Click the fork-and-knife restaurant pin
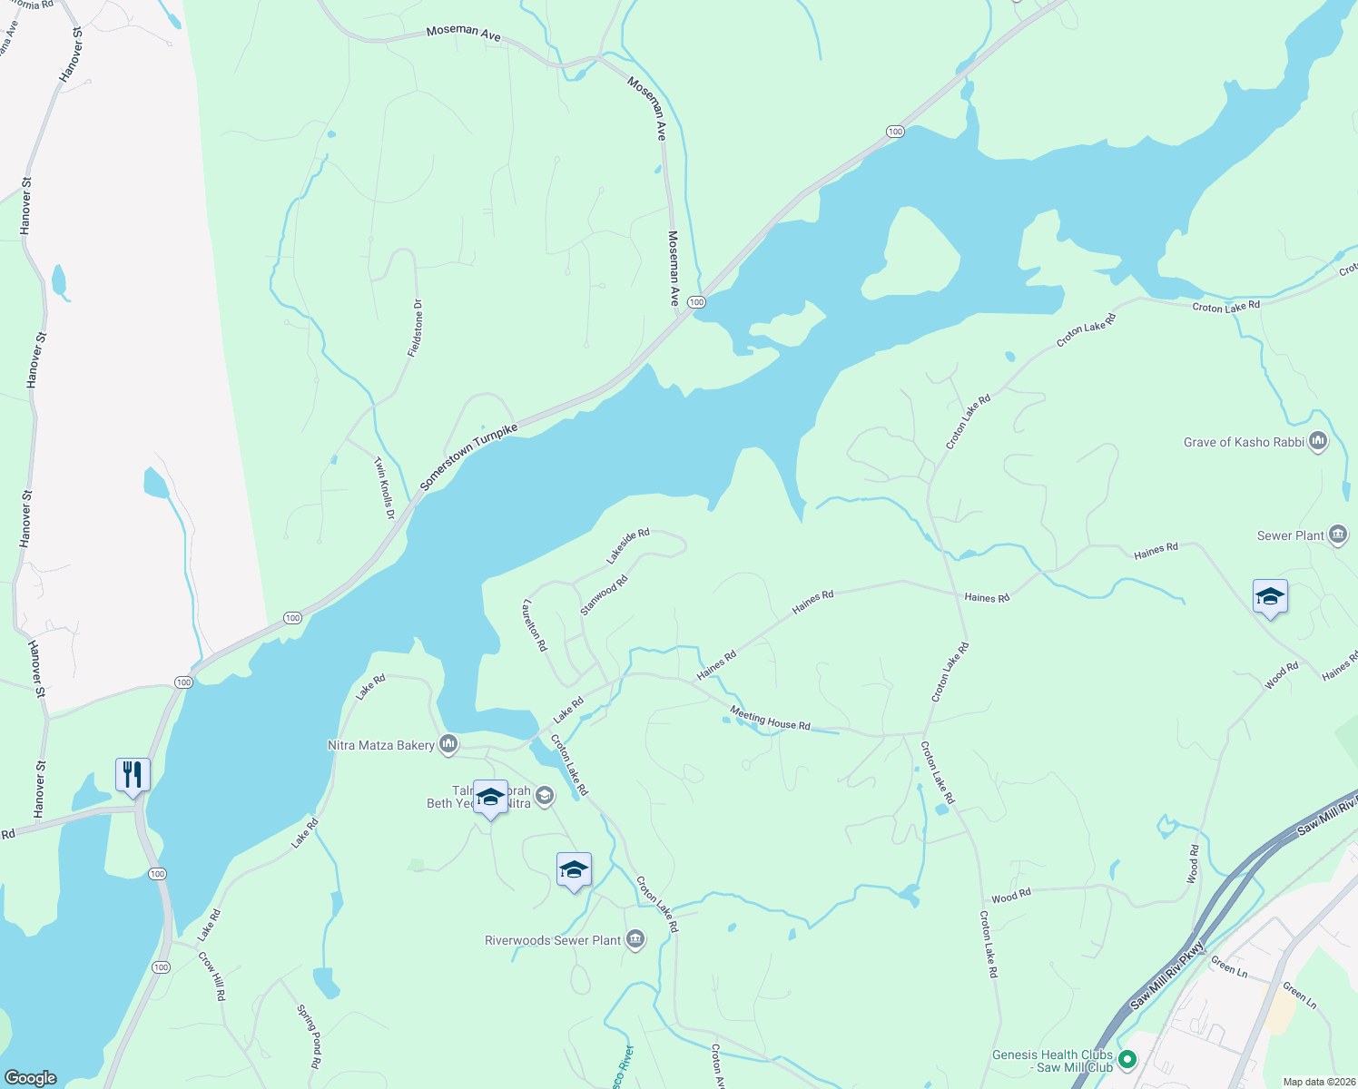[x=133, y=775]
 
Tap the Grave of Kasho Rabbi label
[x=1244, y=443]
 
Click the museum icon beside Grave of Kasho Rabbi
[x=1318, y=442]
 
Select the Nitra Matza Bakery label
[x=380, y=746]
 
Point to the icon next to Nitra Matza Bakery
[x=448, y=745]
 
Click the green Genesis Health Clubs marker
[x=1127, y=1059]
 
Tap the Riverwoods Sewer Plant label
[x=553, y=941]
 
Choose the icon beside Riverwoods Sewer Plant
[x=635, y=940]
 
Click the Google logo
[x=30, y=1077]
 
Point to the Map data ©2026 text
[x=1318, y=1082]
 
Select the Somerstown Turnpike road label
[x=468, y=456]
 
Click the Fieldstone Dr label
[x=416, y=328]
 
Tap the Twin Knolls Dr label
[x=385, y=487]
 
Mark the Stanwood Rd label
[x=604, y=595]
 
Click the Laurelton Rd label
[x=536, y=624]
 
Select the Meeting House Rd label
[x=770, y=720]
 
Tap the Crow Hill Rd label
[x=212, y=976]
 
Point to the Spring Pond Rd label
[x=310, y=1035]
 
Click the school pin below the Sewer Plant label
[x=1269, y=597]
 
